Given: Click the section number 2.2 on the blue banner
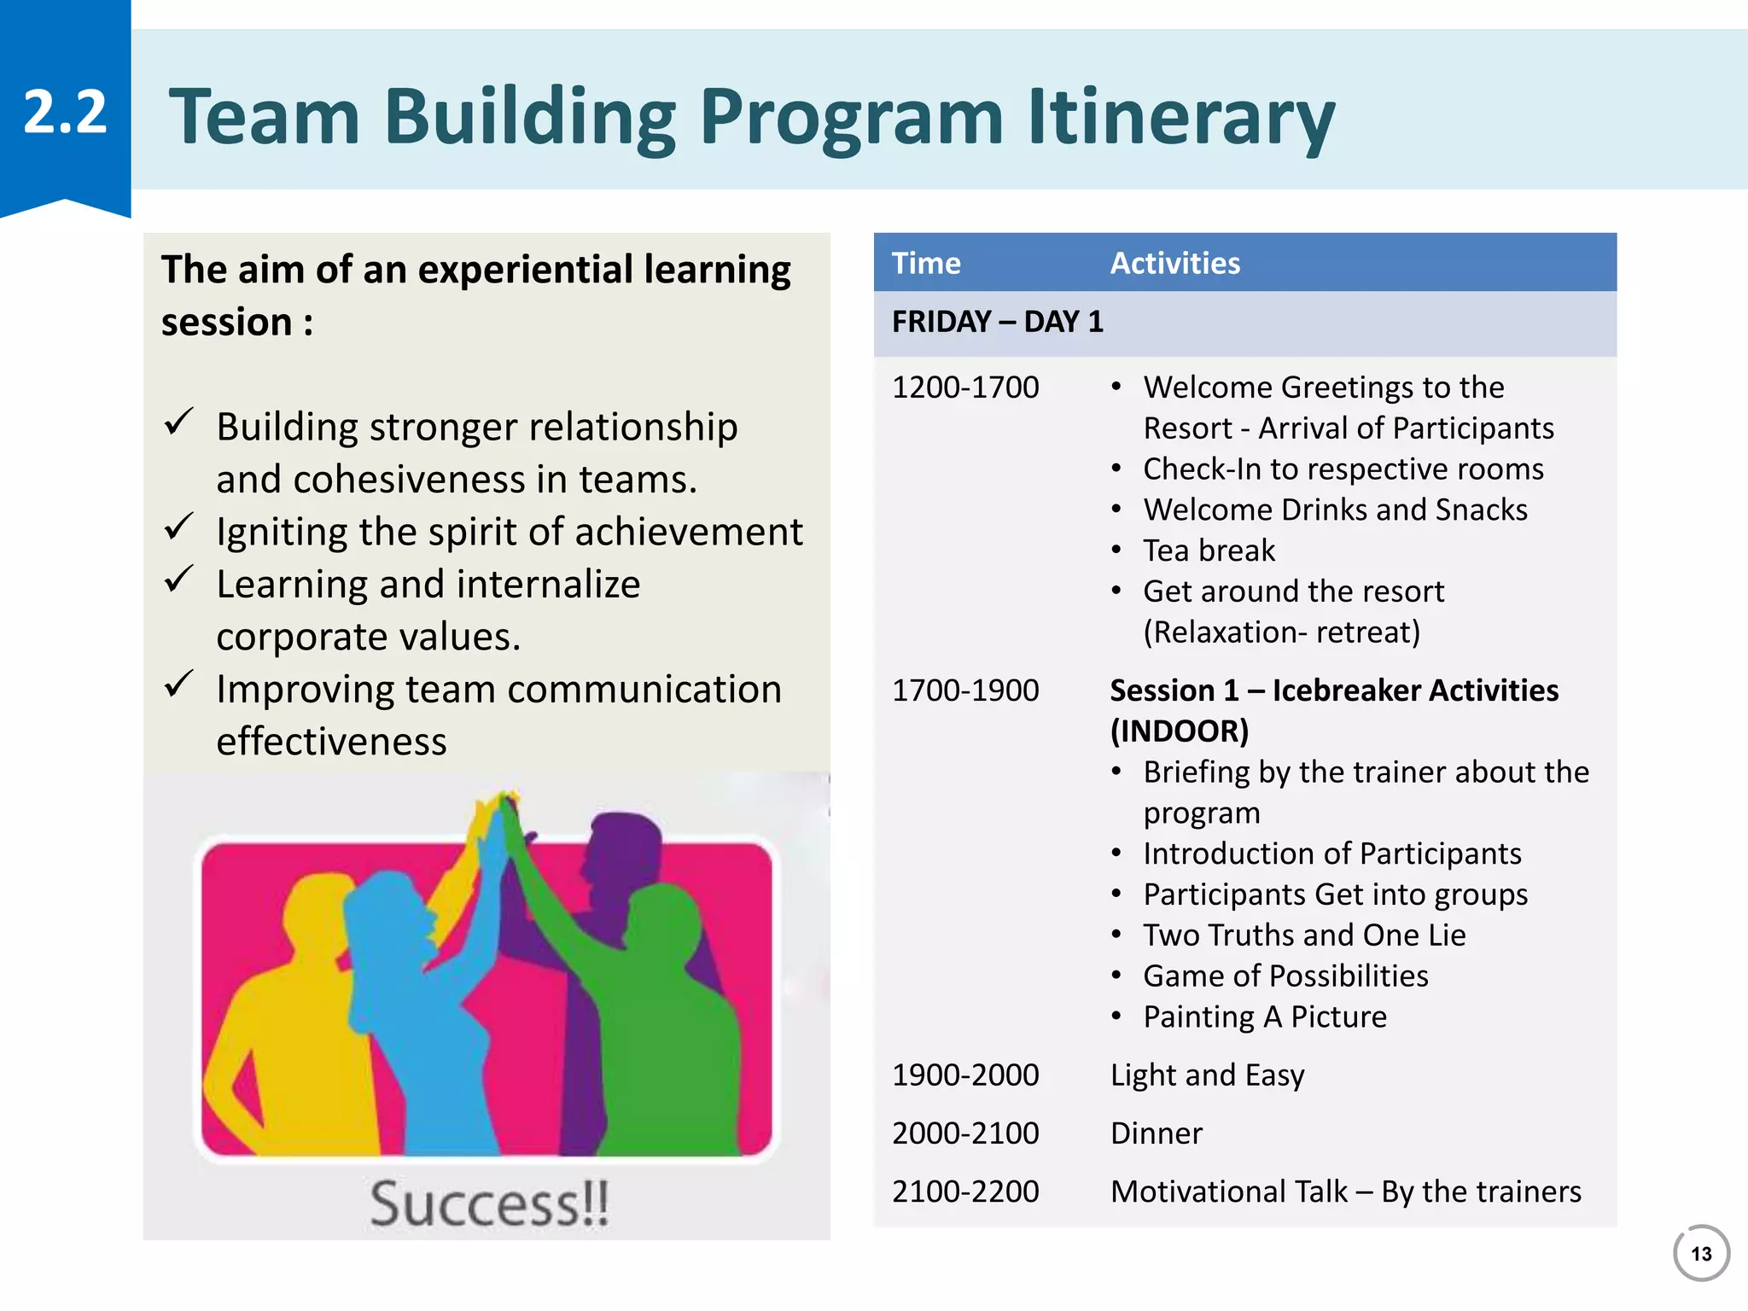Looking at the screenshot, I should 65,112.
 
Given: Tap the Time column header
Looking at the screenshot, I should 926,263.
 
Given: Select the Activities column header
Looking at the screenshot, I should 1174,263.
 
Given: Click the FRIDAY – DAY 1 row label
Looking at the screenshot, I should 997,322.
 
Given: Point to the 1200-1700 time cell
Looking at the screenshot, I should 965,387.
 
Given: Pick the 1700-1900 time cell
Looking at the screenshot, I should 965,690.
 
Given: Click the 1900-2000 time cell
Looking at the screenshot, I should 965,1075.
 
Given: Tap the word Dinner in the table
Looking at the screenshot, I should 1156,1133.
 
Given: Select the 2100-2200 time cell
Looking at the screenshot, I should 965,1192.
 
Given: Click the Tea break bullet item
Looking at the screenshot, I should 1209,551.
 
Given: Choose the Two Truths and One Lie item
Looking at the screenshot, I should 1304,935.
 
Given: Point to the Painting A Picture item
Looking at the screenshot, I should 1264,1017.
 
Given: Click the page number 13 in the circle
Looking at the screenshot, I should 1701,1254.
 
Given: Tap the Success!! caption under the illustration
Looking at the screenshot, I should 489,1203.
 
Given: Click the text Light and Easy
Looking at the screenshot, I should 1207,1075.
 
